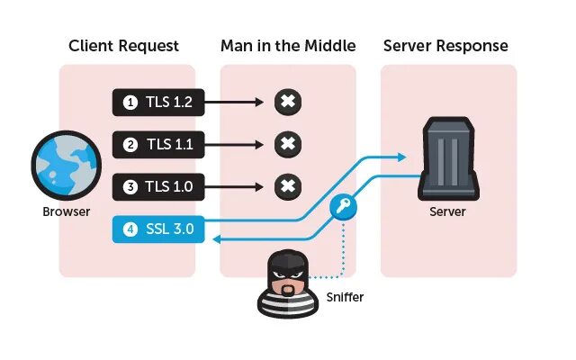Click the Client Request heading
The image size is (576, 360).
click(123, 46)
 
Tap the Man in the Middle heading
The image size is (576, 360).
click(288, 46)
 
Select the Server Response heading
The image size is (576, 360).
click(445, 46)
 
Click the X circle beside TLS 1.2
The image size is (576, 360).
click(286, 103)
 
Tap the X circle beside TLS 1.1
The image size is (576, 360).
click(286, 144)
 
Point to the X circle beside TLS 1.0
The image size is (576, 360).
click(286, 187)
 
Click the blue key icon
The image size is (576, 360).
click(344, 206)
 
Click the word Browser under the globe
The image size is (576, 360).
click(67, 213)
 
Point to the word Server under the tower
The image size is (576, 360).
click(448, 211)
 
